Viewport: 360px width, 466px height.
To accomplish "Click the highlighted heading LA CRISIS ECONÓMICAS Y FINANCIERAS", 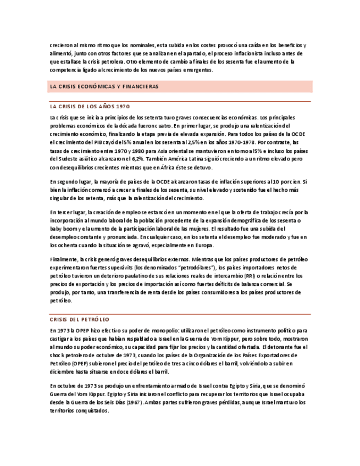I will [x=104, y=87].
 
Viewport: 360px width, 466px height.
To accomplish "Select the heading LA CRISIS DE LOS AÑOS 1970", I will [x=90, y=106].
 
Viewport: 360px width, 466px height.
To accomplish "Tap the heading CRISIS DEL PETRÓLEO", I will [x=79, y=319].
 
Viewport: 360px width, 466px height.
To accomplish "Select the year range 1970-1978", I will [x=240, y=142].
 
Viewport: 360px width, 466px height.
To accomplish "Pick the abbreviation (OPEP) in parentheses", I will [x=77, y=363].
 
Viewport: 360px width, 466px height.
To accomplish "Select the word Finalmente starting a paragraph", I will [x=63, y=259].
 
